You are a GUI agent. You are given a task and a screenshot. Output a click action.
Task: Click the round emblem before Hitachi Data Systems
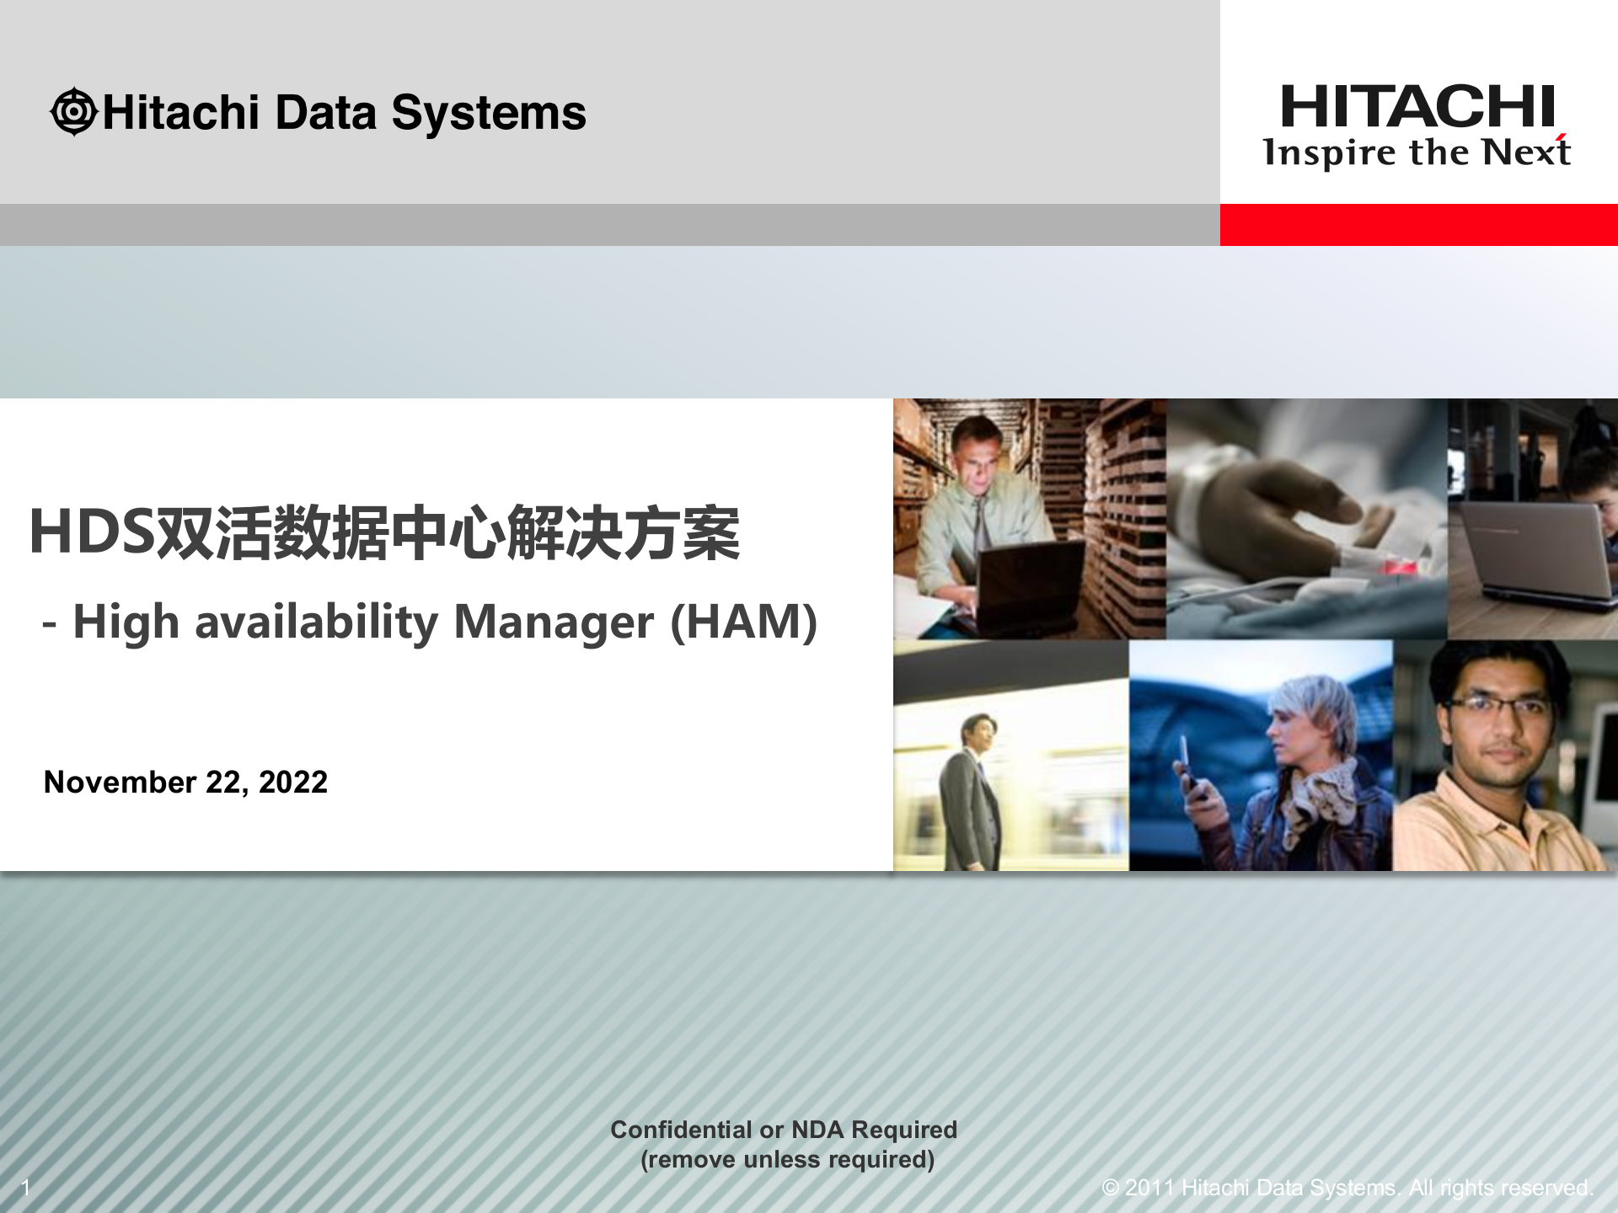point(74,112)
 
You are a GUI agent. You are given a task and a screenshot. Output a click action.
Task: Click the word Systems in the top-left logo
point(489,113)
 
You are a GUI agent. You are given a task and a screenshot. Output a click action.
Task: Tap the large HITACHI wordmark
point(1417,107)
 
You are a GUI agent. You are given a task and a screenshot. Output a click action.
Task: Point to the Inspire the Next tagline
point(1416,153)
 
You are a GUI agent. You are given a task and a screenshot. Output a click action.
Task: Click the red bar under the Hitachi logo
point(1418,225)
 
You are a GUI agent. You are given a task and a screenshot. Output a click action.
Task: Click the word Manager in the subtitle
point(554,623)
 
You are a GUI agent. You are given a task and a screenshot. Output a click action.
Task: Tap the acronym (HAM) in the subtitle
point(743,623)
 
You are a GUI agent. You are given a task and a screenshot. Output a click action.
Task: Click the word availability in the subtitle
point(317,623)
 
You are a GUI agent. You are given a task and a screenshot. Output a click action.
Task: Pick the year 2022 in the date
point(292,783)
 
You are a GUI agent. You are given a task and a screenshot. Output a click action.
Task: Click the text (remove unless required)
point(787,1160)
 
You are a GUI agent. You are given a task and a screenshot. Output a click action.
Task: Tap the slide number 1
point(26,1188)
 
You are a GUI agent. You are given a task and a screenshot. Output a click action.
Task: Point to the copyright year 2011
point(1149,1188)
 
